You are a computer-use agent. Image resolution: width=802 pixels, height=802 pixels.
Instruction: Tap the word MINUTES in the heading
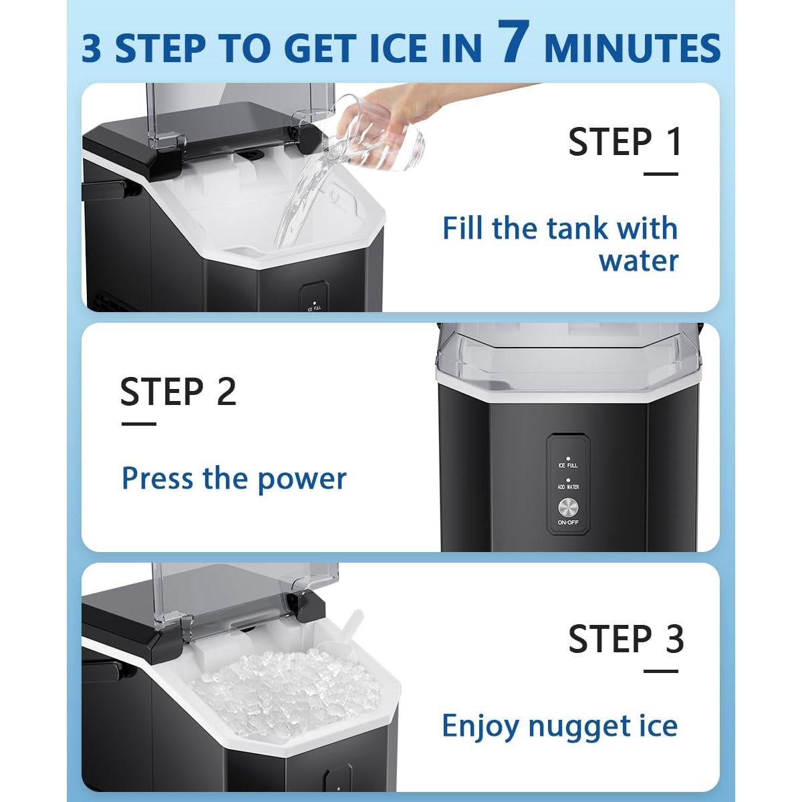pyautogui.click(x=632, y=48)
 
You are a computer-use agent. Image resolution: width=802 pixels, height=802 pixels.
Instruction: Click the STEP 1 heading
pyautogui.click(x=625, y=142)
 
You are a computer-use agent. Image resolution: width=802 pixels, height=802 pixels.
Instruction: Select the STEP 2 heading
pyautogui.click(x=178, y=392)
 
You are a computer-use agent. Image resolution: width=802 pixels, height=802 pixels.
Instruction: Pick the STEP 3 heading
pyautogui.click(x=626, y=639)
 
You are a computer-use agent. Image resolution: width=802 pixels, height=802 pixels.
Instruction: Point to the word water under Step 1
pyautogui.click(x=638, y=261)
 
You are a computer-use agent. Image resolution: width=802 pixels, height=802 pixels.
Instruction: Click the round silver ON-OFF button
pyautogui.click(x=568, y=505)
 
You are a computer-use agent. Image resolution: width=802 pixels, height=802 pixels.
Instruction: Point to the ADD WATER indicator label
pyautogui.click(x=568, y=487)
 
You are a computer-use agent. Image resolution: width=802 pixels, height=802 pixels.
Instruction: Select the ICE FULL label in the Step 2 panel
pyautogui.click(x=568, y=465)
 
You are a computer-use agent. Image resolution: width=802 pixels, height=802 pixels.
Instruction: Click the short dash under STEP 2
pyautogui.click(x=138, y=423)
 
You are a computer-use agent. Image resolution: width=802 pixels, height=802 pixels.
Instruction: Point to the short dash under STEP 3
pyautogui.click(x=660, y=671)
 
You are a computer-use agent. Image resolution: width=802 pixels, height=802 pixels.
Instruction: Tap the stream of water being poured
pyautogui.click(x=297, y=197)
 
